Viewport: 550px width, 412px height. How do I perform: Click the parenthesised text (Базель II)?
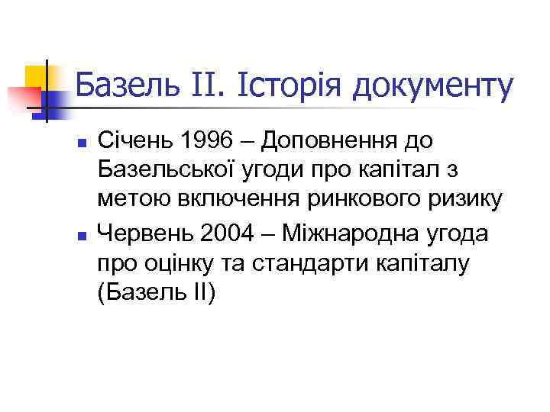pos(157,293)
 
